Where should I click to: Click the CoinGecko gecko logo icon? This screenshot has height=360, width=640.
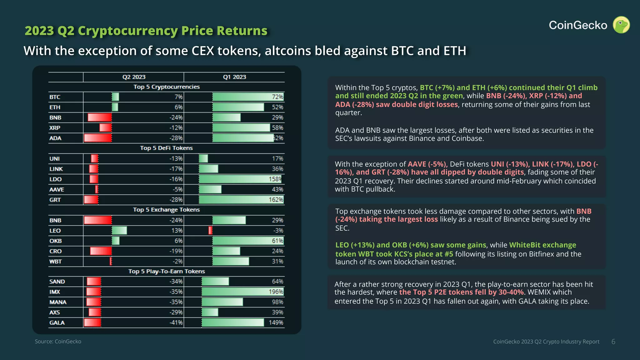tap(621, 25)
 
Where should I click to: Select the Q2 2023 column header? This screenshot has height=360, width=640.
tap(134, 77)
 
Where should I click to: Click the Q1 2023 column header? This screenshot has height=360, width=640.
tap(234, 77)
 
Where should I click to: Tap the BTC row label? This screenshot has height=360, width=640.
tap(55, 97)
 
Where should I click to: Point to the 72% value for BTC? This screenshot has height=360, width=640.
tap(277, 97)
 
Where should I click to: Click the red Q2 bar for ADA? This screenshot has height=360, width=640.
tap(98, 138)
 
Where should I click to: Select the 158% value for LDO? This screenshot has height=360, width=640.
tap(275, 179)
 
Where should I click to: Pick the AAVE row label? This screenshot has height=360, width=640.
tap(57, 189)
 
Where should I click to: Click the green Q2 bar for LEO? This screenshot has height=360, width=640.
tap(119, 231)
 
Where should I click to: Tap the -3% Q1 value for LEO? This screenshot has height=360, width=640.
tap(278, 231)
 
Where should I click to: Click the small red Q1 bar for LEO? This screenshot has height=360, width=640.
tap(210, 231)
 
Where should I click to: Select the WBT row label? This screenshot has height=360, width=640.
tap(55, 261)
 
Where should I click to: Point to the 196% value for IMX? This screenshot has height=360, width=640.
tap(276, 292)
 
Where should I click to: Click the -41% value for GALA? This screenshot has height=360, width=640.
tap(176, 322)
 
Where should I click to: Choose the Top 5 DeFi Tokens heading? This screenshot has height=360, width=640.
tap(166, 148)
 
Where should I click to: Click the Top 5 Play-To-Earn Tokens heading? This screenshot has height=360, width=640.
tap(166, 271)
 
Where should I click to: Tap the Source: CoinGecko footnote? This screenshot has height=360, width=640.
tap(58, 342)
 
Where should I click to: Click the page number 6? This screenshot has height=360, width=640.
tap(613, 342)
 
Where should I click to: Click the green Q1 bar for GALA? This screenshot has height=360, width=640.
tap(233, 322)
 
